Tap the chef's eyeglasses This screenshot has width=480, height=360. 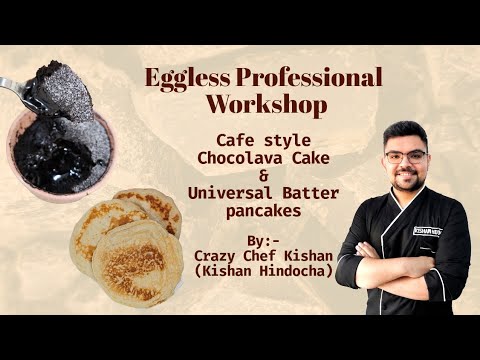click(x=403, y=157)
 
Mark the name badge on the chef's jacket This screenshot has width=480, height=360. click(x=430, y=230)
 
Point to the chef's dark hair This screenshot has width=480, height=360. click(x=404, y=132)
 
